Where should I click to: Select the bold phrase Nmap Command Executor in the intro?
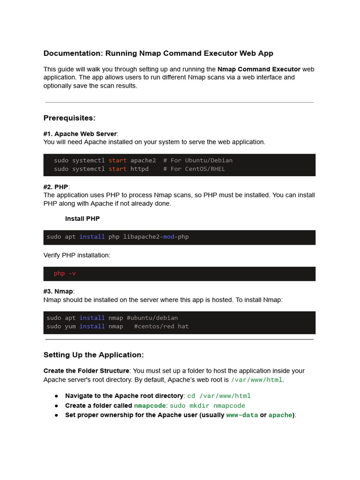click(x=259, y=69)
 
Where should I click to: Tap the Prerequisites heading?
click(x=69, y=118)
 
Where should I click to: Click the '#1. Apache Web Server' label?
click(x=80, y=134)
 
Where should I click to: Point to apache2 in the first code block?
click(x=143, y=160)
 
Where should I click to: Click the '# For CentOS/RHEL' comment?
click(x=194, y=169)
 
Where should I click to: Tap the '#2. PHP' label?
click(x=56, y=187)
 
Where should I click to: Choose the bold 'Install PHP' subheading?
click(x=82, y=219)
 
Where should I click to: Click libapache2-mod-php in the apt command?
click(x=156, y=237)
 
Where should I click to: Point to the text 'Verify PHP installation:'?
click(x=77, y=255)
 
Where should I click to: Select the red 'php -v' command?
click(x=65, y=273)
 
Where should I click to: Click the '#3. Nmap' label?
click(x=58, y=292)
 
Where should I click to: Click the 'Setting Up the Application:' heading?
click(x=94, y=355)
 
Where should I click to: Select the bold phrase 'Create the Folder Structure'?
click(x=86, y=371)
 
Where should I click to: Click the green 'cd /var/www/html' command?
click(x=219, y=396)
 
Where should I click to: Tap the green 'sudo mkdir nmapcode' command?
click(x=207, y=405)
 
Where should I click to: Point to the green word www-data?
click(x=242, y=415)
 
